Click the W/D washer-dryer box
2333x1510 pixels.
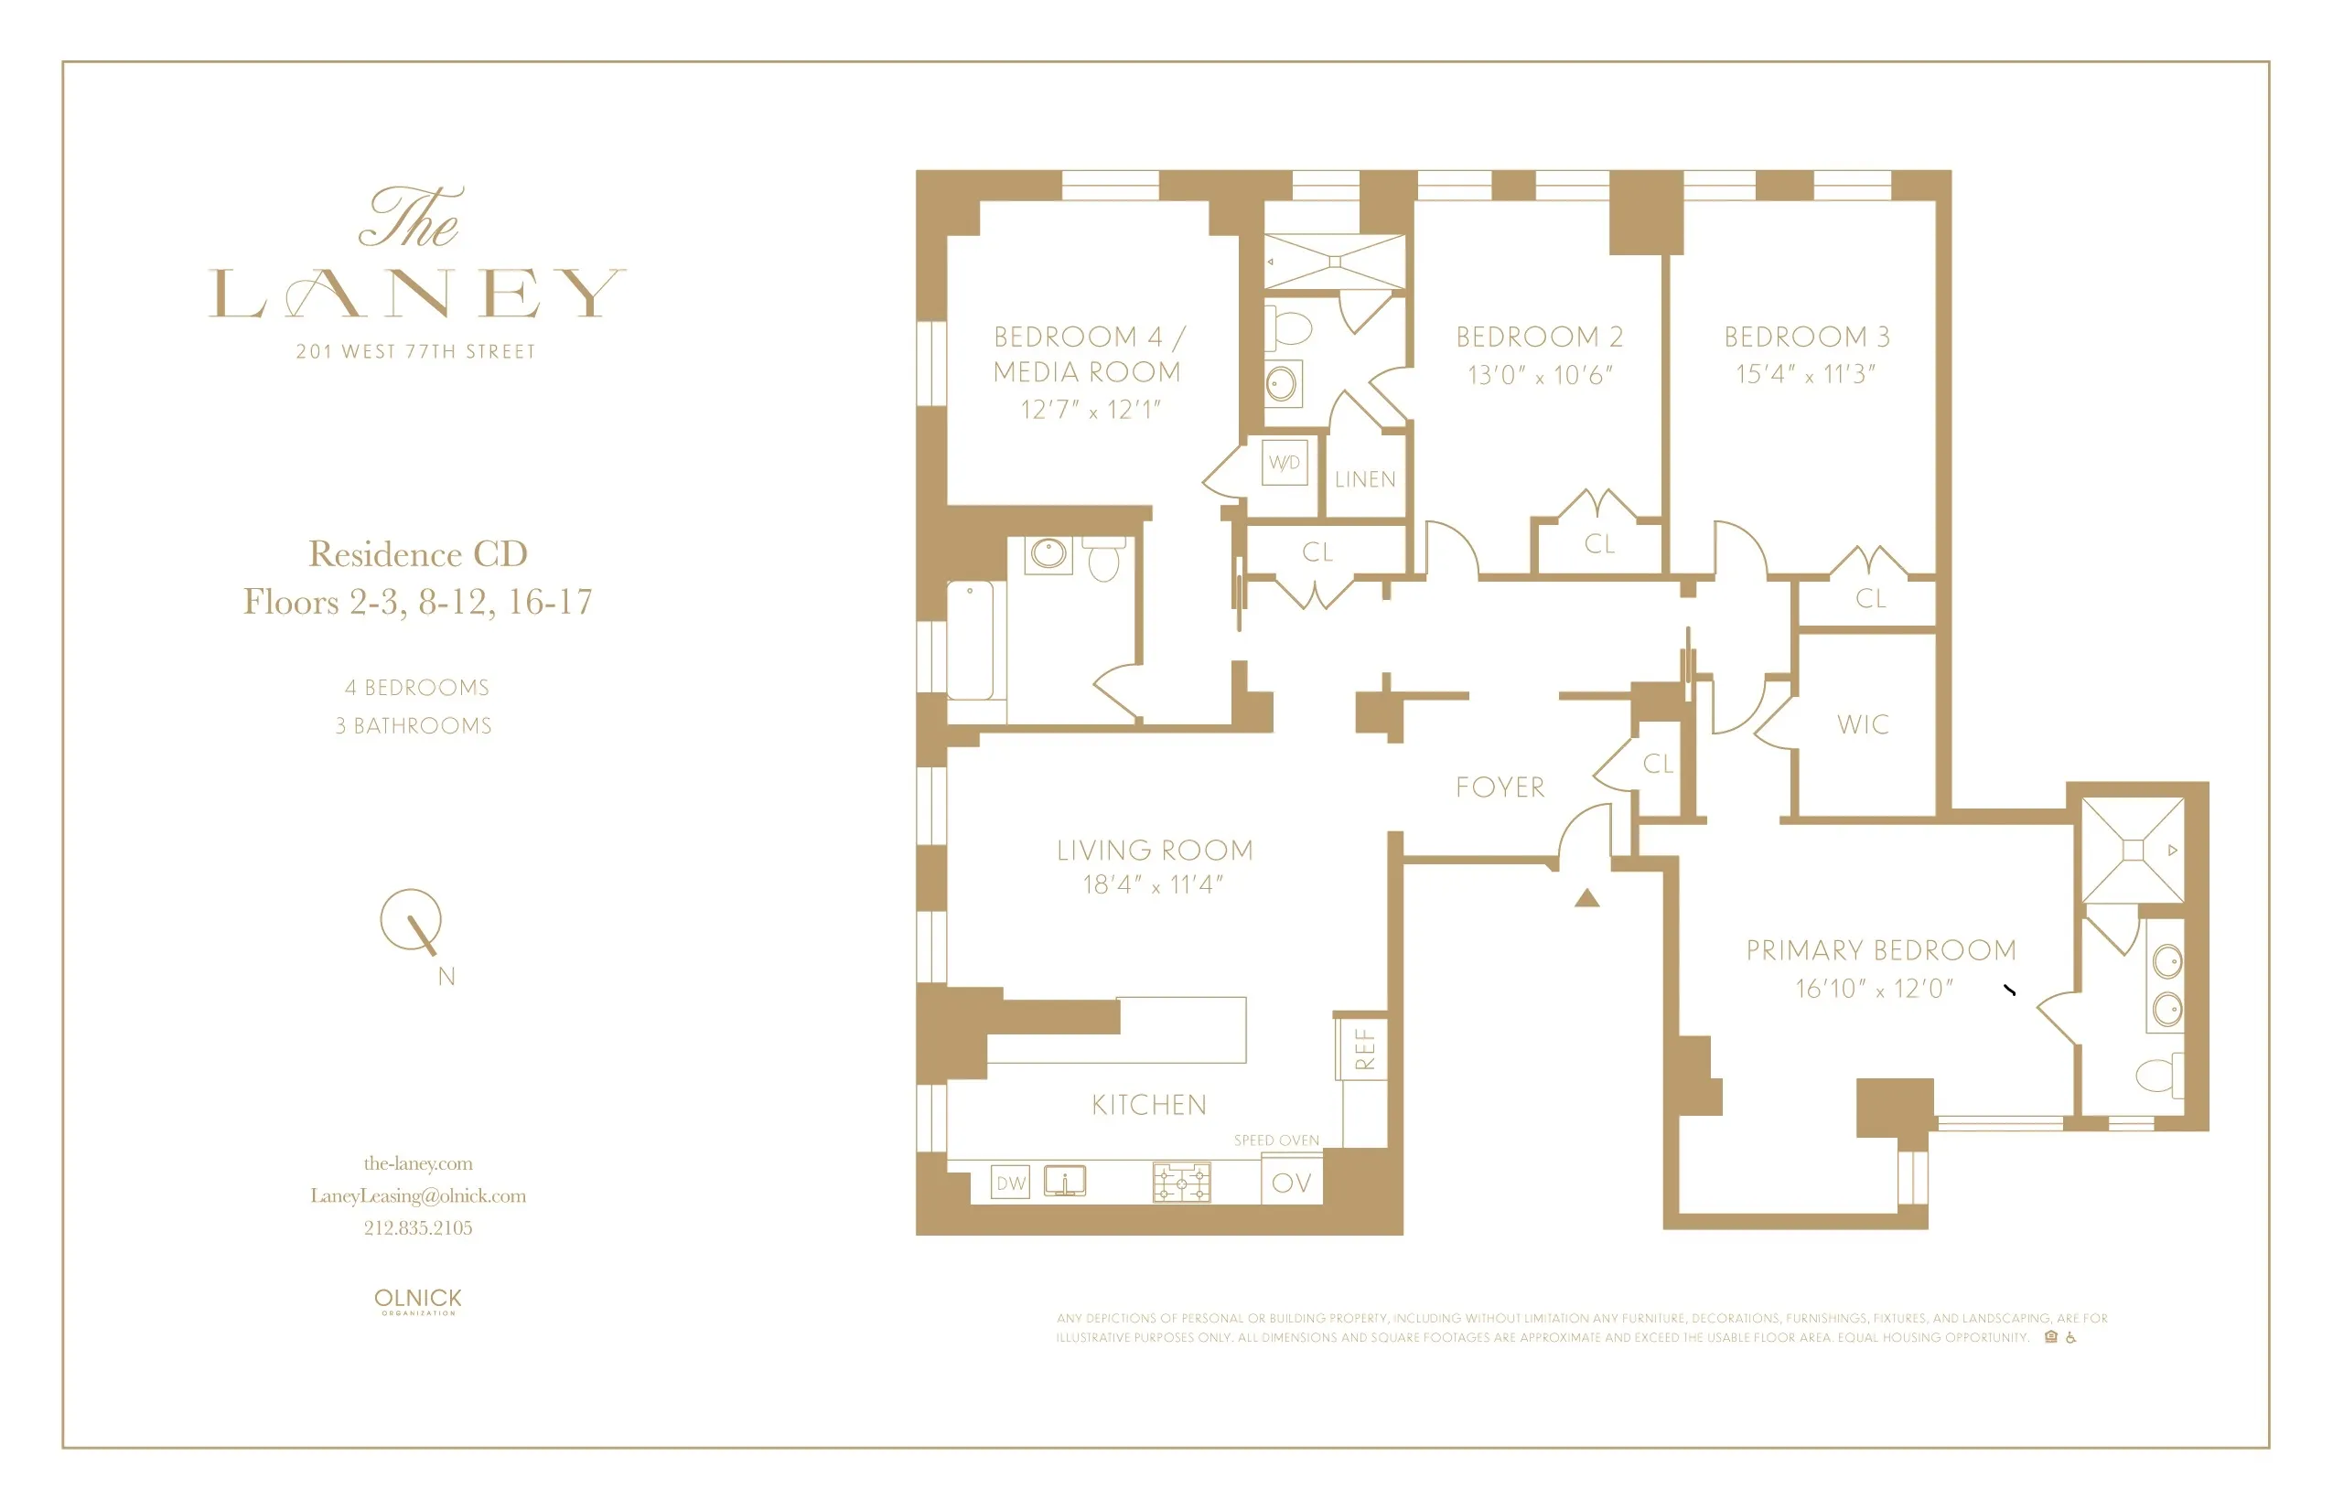click(x=1285, y=463)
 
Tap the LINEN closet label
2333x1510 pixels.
click(x=1364, y=479)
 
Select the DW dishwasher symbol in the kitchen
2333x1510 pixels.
click(x=1010, y=1183)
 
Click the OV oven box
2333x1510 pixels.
click(x=1291, y=1183)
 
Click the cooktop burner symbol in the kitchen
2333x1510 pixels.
click(x=1181, y=1182)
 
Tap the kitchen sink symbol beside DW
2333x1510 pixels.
click(x=1065, y=1181)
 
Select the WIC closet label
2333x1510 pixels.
click(x=1863, y=724)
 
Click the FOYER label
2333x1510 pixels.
click(x=1500, y=787)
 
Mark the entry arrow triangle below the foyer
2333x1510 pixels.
click(x=1587, y=896)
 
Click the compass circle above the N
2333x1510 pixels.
click(x=411, y=919)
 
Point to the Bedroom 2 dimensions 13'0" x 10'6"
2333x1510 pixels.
click(x=1540, y=375)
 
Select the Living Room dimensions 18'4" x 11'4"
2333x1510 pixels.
click(x=1153, y=884)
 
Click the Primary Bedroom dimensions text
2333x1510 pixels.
click(x=1874, y=988)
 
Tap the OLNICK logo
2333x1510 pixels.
click(x=417, y=1300)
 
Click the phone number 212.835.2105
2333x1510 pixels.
click(x=417, y=1227)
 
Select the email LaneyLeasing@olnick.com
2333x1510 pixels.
click(x=417, y=1195)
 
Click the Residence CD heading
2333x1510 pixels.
click(x=417, y=553)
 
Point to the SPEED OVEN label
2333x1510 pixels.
click(x=1276, y=1140)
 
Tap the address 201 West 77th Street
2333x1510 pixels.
click(x=415, y=352)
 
